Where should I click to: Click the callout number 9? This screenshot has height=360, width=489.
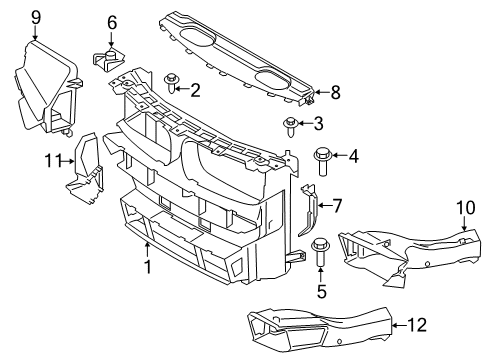click(36, 18)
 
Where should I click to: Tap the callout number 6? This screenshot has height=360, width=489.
click(112, 23)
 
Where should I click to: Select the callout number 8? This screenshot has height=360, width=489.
click(335, 92)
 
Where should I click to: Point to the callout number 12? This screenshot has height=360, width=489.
click(417, 325)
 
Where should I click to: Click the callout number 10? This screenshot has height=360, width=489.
click(466, 208)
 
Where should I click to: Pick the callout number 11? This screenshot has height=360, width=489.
click(53, 161)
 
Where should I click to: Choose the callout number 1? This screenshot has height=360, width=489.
click(147, 267)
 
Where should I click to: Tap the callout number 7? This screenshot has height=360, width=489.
click(337, 206)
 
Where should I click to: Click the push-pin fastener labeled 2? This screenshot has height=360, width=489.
click(172, 83)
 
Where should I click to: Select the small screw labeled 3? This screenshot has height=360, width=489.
click(291, 127)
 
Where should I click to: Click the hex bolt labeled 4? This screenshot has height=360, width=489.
click(322, 162)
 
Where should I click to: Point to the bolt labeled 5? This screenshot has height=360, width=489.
click(320, 252)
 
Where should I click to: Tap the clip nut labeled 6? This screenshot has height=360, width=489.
click(108, 60)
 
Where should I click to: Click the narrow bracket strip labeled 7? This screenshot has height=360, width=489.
click(309, 209)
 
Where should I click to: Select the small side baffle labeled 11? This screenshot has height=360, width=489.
click(85, 168)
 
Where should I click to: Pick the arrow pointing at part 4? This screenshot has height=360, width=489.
click(339, 155)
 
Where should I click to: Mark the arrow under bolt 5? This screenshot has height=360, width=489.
click(321, 275)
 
